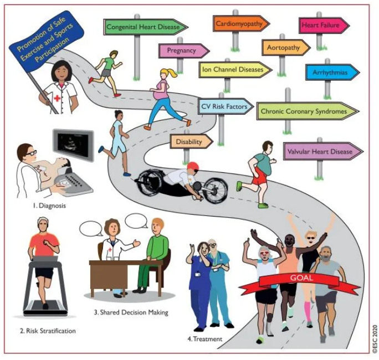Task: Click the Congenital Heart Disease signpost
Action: point(146,27)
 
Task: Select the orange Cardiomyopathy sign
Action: point(241,24)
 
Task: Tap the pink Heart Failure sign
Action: point(324,25)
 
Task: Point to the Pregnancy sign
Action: point(184,51)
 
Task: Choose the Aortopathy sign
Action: point(286,48)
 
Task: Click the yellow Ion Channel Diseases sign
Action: point(235,70)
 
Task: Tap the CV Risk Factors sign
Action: point(226,106)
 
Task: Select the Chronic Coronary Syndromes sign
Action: point(308,111)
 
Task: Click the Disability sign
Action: point(191,142)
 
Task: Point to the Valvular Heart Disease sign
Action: point(323,152)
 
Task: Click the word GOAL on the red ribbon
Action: point(301,278)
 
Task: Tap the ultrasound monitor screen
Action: point(74,143)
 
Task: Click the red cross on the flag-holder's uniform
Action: point(57,99)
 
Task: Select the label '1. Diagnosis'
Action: point(49,206)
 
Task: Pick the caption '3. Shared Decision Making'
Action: point(131,312)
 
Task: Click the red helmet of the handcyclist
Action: point(193,166)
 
